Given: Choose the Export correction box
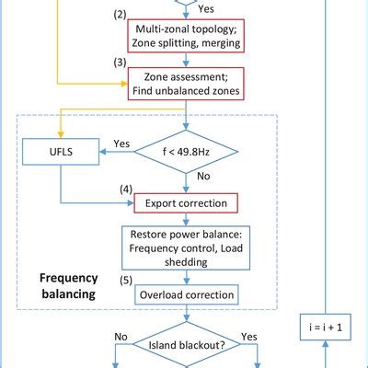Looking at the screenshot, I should pos(187,201).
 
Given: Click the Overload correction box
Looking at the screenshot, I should pos(187,295).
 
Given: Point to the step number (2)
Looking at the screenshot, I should pos(119,16).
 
